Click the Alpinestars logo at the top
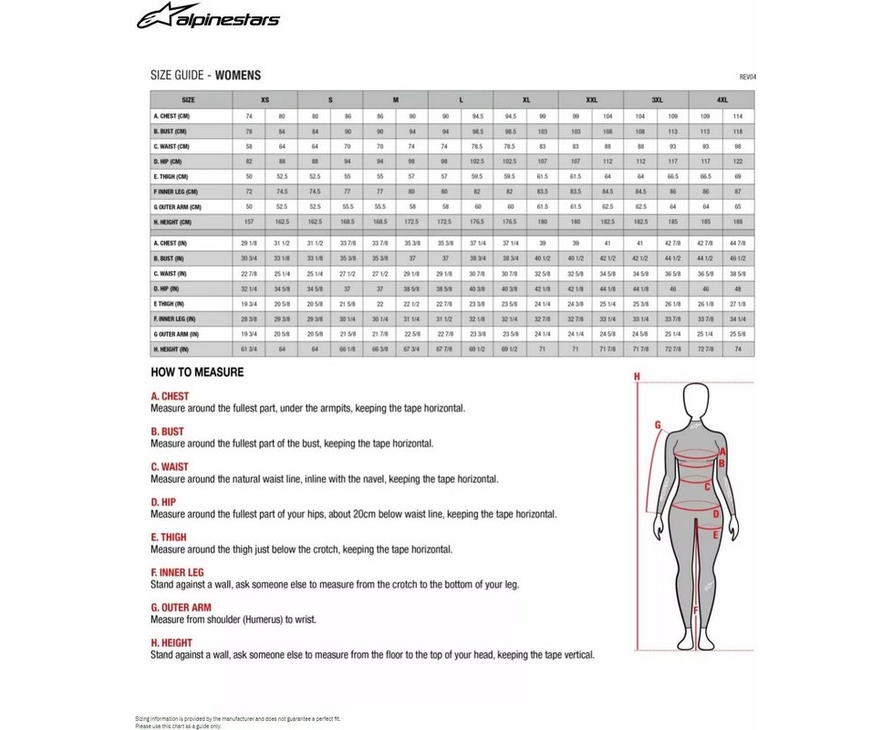click(209, 19)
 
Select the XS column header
click(264, 99)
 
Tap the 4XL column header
click(721, 99)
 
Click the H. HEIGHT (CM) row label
click(172, 222)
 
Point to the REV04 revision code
click(747, 78)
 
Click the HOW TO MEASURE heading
click(197, 373)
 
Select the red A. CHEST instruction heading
click(170, 397)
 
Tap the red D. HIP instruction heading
click(163, 502)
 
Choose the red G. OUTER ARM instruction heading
click(181, 608)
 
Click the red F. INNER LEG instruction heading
click(179, 572)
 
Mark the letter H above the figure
click(638, 376)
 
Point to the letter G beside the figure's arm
click(657, 424)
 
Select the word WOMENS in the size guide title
click(238, 76)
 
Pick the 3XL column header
click(656, 99)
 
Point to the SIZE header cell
click(188, 99)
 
